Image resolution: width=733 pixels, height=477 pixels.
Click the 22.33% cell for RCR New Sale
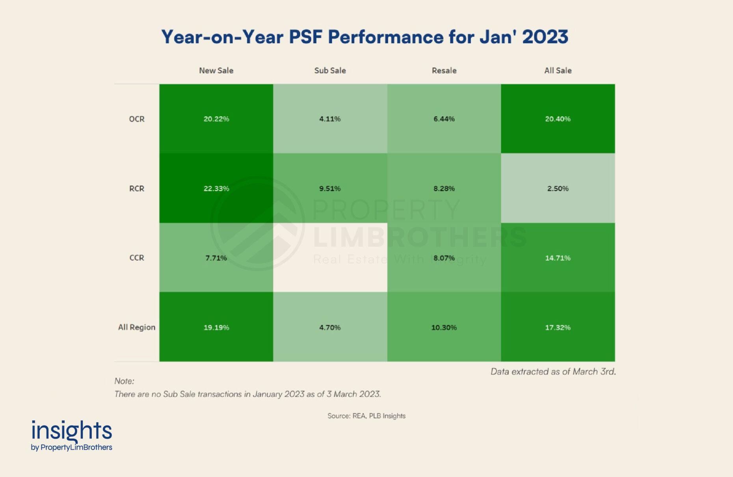(216, 188)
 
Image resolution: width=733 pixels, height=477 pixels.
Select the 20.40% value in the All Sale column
(558, 119)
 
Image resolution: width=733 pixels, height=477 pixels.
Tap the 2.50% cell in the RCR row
(558, 188)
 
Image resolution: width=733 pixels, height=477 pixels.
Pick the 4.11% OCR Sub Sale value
(330, 119)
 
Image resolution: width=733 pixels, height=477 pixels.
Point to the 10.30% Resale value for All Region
(444, 327)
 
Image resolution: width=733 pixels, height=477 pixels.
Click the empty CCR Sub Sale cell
(330, 257)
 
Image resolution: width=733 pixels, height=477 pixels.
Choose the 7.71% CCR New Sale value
(216, 258)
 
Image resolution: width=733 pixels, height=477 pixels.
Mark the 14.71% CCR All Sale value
(558, 258)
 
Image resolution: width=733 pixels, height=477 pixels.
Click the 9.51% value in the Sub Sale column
(330, 188)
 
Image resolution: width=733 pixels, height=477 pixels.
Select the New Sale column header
(216, 71)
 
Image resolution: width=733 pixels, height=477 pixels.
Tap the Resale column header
(444, 71)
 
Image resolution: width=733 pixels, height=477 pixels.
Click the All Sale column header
(558, 71)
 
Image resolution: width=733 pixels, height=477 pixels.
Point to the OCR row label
(137, 119)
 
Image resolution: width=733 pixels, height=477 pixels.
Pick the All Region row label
(137, 327)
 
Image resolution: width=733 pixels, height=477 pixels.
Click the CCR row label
(137, 258)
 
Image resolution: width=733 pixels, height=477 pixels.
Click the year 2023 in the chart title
(545, 37)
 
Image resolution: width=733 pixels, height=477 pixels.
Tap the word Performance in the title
(385, 37)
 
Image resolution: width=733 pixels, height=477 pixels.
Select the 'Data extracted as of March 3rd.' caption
(553, 371)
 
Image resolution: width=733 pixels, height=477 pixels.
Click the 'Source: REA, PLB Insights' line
(366, 416)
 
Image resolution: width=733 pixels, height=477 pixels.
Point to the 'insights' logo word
(72, 430)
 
